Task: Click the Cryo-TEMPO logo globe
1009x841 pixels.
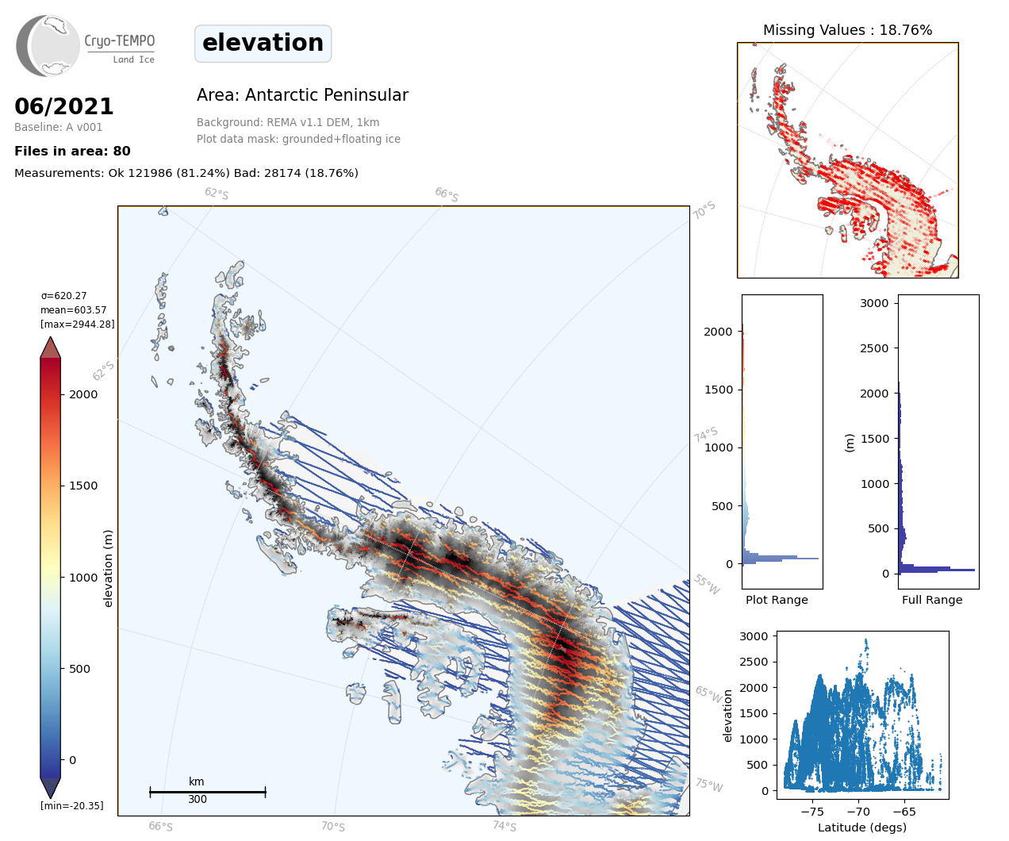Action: [x=49, y=45]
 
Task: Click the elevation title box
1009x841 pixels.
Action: [x=263, y=43]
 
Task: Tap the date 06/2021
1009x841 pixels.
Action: [x=64, y=106]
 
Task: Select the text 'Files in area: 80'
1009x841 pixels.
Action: [x=72, y=151]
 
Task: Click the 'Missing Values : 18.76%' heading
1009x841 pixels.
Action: [x=847, y=30]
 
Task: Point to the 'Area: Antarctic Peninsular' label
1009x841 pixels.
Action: [x=302, y=95]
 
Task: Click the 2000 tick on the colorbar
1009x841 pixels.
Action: [x=83, y=394]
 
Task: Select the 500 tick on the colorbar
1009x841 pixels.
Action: [x=79, y=669]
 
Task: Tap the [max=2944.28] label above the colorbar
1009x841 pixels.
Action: [x=78, y=324]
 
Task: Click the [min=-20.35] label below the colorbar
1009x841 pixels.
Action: [x=72, y=806]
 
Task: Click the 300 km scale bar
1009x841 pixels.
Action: [x=207, y=792]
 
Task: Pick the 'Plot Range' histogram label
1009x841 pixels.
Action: [x=777, y=600]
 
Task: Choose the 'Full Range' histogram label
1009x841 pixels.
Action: [x=932, y=600]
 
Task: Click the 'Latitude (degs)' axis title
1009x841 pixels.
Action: [x=862, y=828]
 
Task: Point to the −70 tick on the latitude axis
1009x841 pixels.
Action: [x=858, y=812]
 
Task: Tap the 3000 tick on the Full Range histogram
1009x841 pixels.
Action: [x=875, y=303]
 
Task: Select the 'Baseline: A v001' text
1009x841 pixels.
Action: [x=59, y=127]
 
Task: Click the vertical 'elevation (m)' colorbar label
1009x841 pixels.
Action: [x=109, y=568]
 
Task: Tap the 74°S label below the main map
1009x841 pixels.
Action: [x=504, y=826]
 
